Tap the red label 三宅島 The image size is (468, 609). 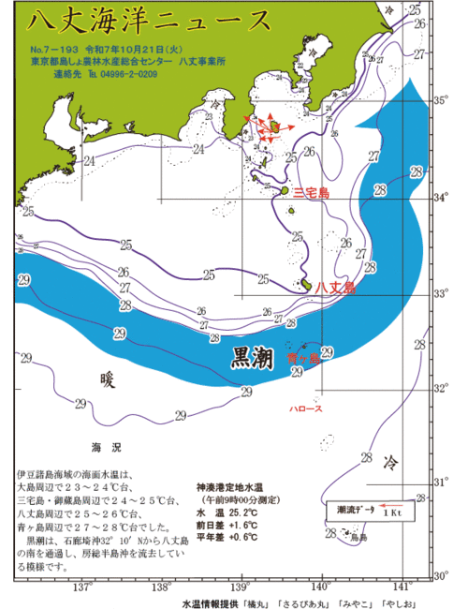[x=311, y=192]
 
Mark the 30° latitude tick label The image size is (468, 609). [x=439, y=575]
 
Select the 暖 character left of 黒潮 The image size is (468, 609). [x=109, y=379]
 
